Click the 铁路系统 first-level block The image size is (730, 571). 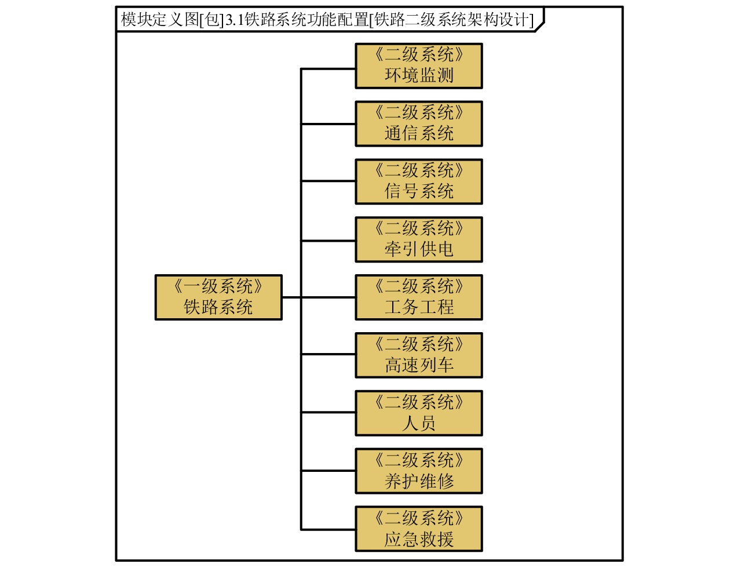(x=218, y=297)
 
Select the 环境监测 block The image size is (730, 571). (x=418, y=66)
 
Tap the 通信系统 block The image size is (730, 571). (x=418, y=124)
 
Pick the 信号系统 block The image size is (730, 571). (x=418, y=181)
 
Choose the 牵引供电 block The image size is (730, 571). (x=418, y=239)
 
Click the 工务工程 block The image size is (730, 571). (x=418, y=297)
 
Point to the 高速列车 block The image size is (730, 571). (x=418, y=355)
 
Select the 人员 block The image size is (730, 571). (x=418, y=413)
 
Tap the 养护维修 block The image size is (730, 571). (x=418, y=471)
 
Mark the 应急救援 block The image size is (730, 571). (x=418, y=529)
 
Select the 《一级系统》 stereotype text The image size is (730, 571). (x=218, y=286)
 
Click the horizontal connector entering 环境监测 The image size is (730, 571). (x=328, y=69)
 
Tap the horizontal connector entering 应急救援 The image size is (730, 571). (x=328, y=529)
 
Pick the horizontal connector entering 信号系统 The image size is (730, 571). (x=328, y=181)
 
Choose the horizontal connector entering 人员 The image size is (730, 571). (x=328, y=412)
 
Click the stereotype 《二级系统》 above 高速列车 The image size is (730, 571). (x=418, y=344)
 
